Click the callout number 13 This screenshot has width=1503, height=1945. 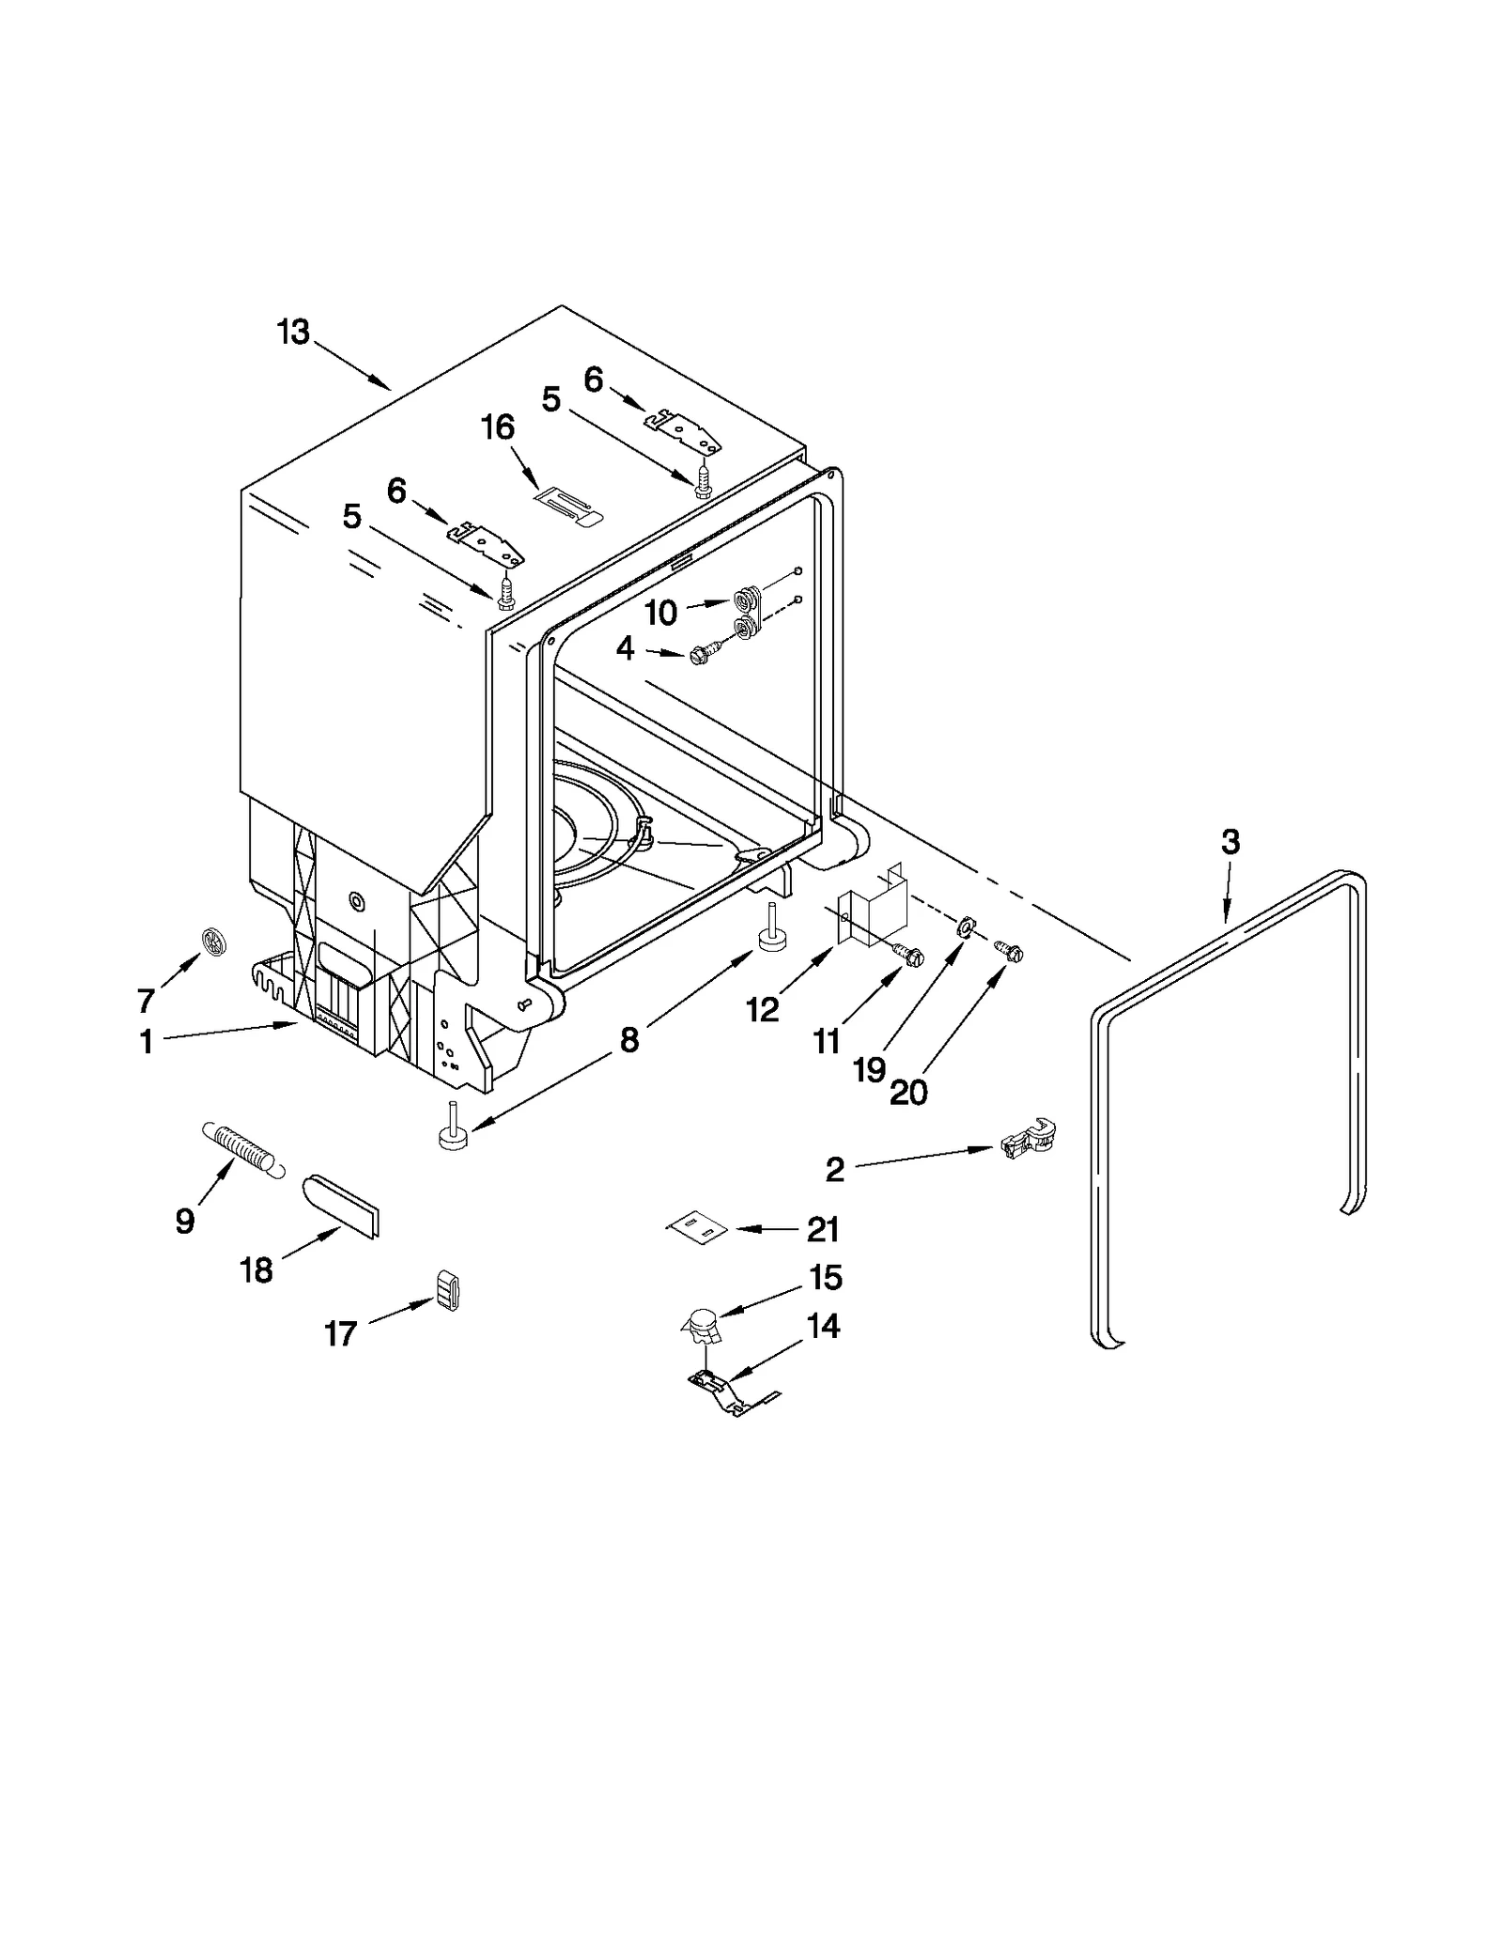coord(293,333)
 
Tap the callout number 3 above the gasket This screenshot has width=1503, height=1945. coord(1230,842)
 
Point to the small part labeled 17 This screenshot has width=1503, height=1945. coord(448,1289)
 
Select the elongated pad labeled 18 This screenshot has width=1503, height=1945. coord(341,1206)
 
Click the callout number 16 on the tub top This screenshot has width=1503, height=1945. coord(498,428)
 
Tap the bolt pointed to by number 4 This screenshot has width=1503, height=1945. coord(703,655)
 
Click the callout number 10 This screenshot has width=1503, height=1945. coord(661,614)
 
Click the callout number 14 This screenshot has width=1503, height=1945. coord(823,1327)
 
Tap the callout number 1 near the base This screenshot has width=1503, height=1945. coord(147,1042)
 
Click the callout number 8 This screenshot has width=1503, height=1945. coord(628,1039)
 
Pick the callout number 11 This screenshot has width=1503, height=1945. coord(827,1041)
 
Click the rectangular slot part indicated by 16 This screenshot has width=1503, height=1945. coord(568,508)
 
